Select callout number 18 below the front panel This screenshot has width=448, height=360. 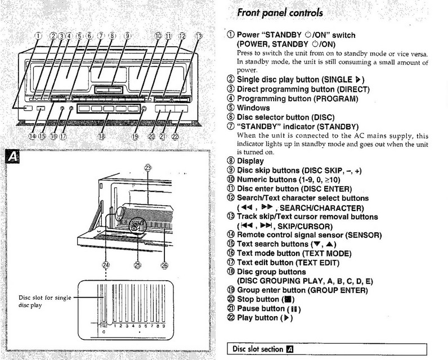click(x=101, y=136)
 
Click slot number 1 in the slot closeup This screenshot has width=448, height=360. click(x=115, y=325)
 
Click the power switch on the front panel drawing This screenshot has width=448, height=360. click(x=27, y=109)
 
